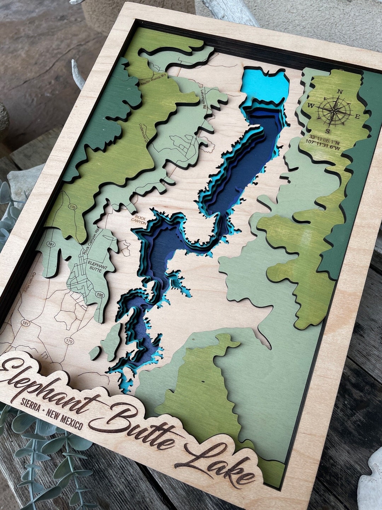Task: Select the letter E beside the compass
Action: click(357, 117)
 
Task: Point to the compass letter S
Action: click(328, 131)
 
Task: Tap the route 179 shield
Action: click(69, 341)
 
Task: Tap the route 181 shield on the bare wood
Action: click(25, 323)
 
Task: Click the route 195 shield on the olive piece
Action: click(73, 207)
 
